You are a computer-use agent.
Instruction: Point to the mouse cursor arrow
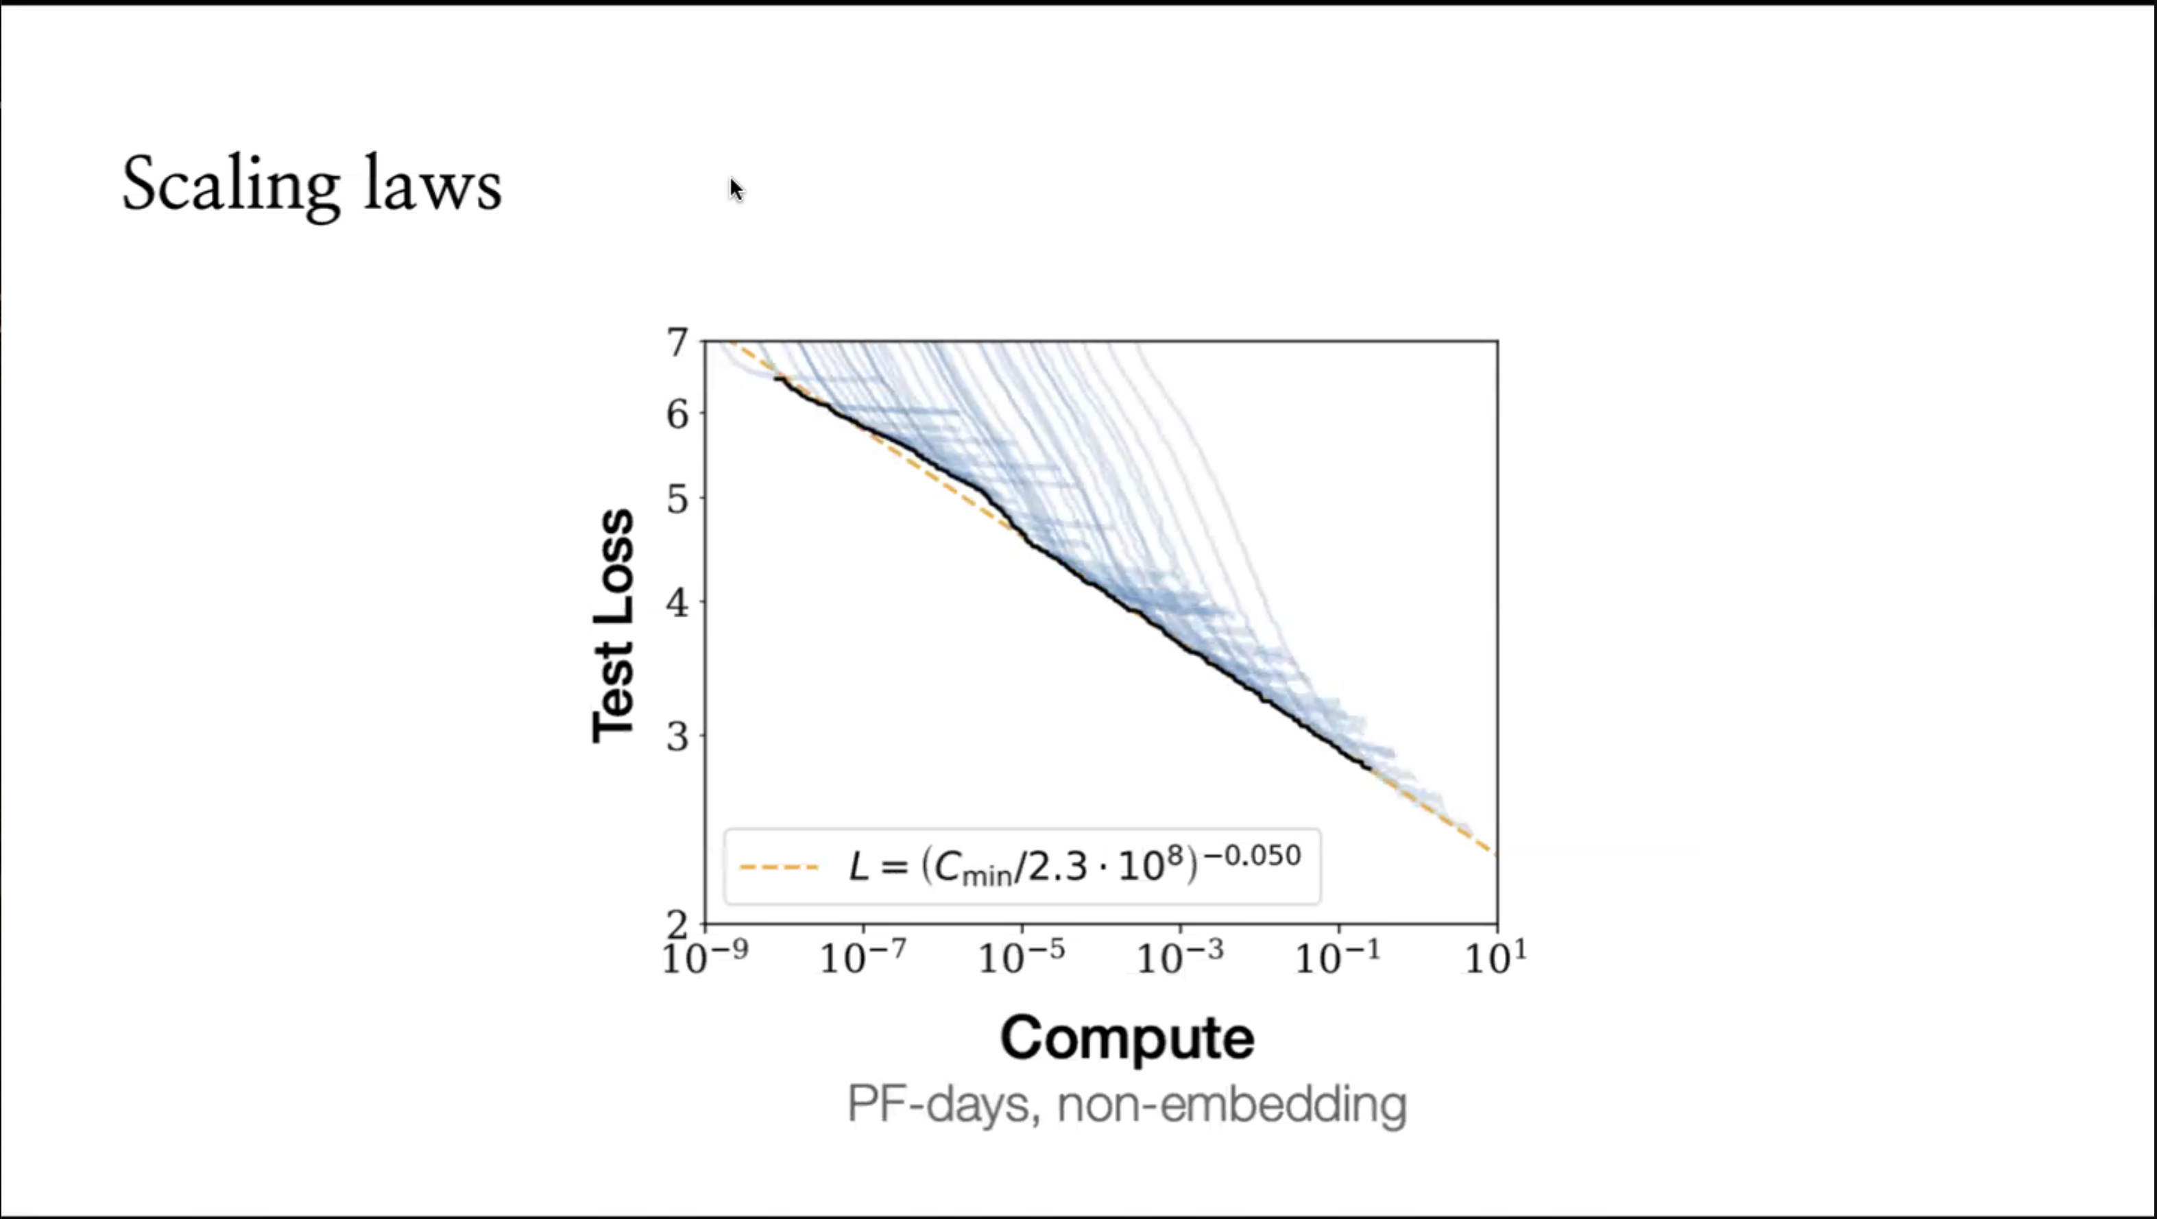pyautogui.click(x=735, y=189)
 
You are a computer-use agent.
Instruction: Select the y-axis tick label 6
pyautogui.click(x=677, y=413)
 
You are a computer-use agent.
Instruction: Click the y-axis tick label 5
pyautogui.click(x=677, y=499)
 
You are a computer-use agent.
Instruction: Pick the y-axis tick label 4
pyautogui.click(x=677, y=602)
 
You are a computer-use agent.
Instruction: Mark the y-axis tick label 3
pyautogui.click(x=677, y=737)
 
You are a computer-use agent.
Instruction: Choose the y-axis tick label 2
pyautogui.click(x=677, y=924)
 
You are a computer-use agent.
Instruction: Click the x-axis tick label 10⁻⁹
pyautogui.click(x=705, y=957)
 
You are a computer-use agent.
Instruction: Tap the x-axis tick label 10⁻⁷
pyautogui.click(x=863, y=957)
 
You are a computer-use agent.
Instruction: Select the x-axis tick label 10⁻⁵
pyautogui.click(x=1022, y=957)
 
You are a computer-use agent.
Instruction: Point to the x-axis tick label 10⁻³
pyautogui.click(x=1180, y=957)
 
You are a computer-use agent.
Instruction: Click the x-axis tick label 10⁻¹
pyautogui.click(x=1338, y=957)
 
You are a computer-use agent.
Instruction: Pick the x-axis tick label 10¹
pyautogui.click(x=1496, y=957)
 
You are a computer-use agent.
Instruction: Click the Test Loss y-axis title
pyautogui.click(x=614, y=625)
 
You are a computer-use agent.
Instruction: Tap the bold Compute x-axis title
pyautogui.click(x=1127, y=1038)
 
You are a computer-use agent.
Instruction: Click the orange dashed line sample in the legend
pyautogui.click(x=779, y=867)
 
